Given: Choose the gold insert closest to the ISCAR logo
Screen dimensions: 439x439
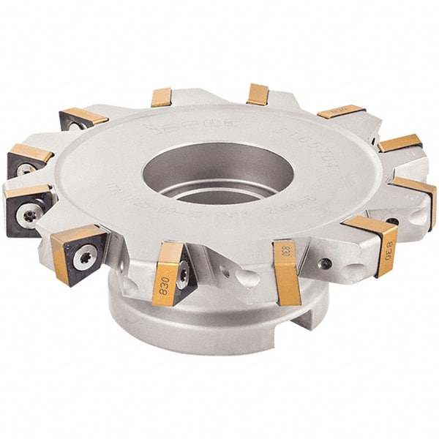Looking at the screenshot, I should pos(161,97).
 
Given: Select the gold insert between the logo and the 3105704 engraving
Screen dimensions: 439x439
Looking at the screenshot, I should pos(258,94).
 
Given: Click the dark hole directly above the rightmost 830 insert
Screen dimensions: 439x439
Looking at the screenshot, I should pos(392,220).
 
